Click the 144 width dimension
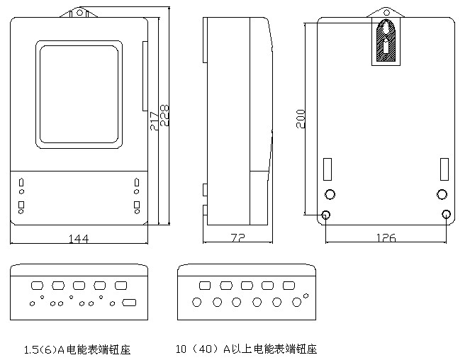point(79,238)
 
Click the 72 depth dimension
point(238,238)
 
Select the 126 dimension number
point(385,237)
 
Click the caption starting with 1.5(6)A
point(77,349)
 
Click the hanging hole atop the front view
point(80,12)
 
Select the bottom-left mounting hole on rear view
point(326,215)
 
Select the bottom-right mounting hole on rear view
point(446,215)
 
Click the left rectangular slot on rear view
point(328,169)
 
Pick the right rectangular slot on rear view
point(444,169)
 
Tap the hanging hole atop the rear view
point(385,12)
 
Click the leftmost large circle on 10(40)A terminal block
point(196,302)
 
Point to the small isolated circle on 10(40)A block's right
point(306,295)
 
